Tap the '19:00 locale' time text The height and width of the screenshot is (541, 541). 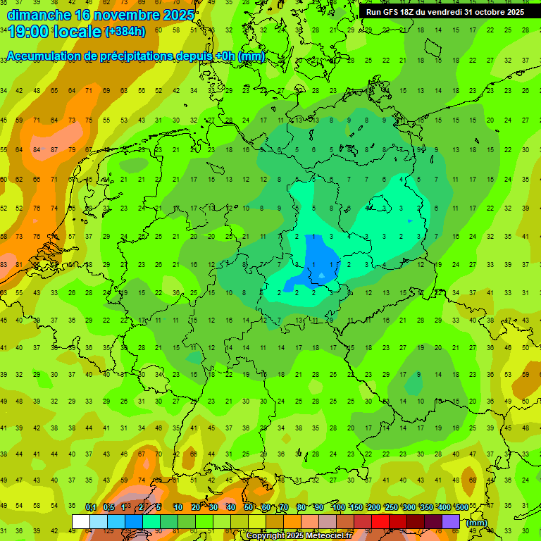[x=54, y=31]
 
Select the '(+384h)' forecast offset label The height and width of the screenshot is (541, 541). [x=125, y=31]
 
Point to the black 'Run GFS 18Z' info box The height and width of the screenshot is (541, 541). [x=444, y=12]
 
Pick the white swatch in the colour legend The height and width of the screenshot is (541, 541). [x=81, y=521]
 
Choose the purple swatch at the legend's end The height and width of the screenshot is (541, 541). [x=451, y=521]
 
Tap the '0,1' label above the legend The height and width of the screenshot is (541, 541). [x=91, y=507]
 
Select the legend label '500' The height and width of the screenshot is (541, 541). [x=461, y=507]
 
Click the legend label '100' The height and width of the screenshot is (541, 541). [x=339, y=507]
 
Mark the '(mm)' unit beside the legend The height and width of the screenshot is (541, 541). [x=477, y=523]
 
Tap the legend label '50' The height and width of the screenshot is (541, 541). [x=249, y=507]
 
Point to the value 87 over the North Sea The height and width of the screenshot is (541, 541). [x=54, y=149]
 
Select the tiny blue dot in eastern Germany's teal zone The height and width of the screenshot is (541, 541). [x=409, y=221]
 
